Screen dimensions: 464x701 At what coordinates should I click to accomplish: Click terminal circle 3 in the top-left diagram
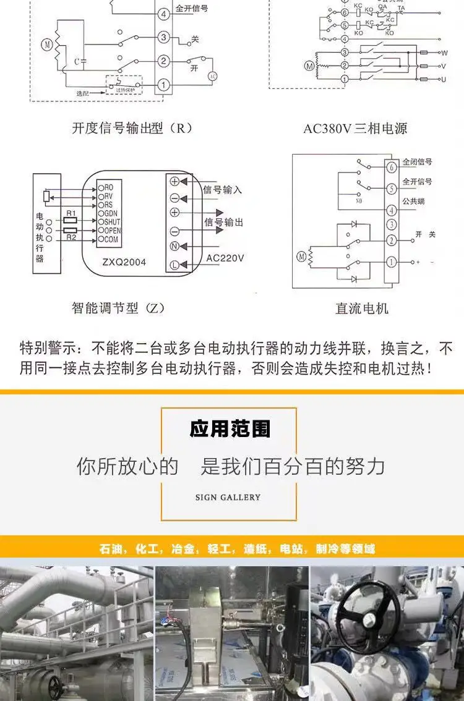coord(163,37)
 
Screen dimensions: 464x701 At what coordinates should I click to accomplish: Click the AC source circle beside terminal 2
coord(212,75)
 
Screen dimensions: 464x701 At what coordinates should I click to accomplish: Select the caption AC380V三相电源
coord(355,129)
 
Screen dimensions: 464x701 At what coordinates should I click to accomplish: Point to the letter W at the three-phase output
coord(444,53)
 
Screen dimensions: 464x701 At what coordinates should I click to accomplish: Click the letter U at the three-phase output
coord(444,79)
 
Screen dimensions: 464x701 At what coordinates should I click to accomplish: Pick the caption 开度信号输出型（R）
coord(132,129)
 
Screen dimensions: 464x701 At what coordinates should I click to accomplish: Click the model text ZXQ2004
coord(125,262)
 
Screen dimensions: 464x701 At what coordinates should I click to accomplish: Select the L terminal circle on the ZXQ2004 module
coord(174,265)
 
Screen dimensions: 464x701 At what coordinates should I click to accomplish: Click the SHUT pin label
coord(111,221)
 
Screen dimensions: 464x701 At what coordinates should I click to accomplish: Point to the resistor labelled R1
coord(70,219)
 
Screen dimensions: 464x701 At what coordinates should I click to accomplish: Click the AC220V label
coord(225,258)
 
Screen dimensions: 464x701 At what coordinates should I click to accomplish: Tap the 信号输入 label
coord(223,190)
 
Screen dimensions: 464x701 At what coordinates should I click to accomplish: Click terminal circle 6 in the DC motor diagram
coord(391,168)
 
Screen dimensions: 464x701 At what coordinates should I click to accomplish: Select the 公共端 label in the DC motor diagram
coord(413,201)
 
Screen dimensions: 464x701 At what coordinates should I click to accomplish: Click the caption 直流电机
coord(362,308)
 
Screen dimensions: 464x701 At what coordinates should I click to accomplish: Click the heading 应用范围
coord(230,429)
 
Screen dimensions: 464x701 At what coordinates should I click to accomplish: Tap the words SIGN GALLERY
coord(228,497)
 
